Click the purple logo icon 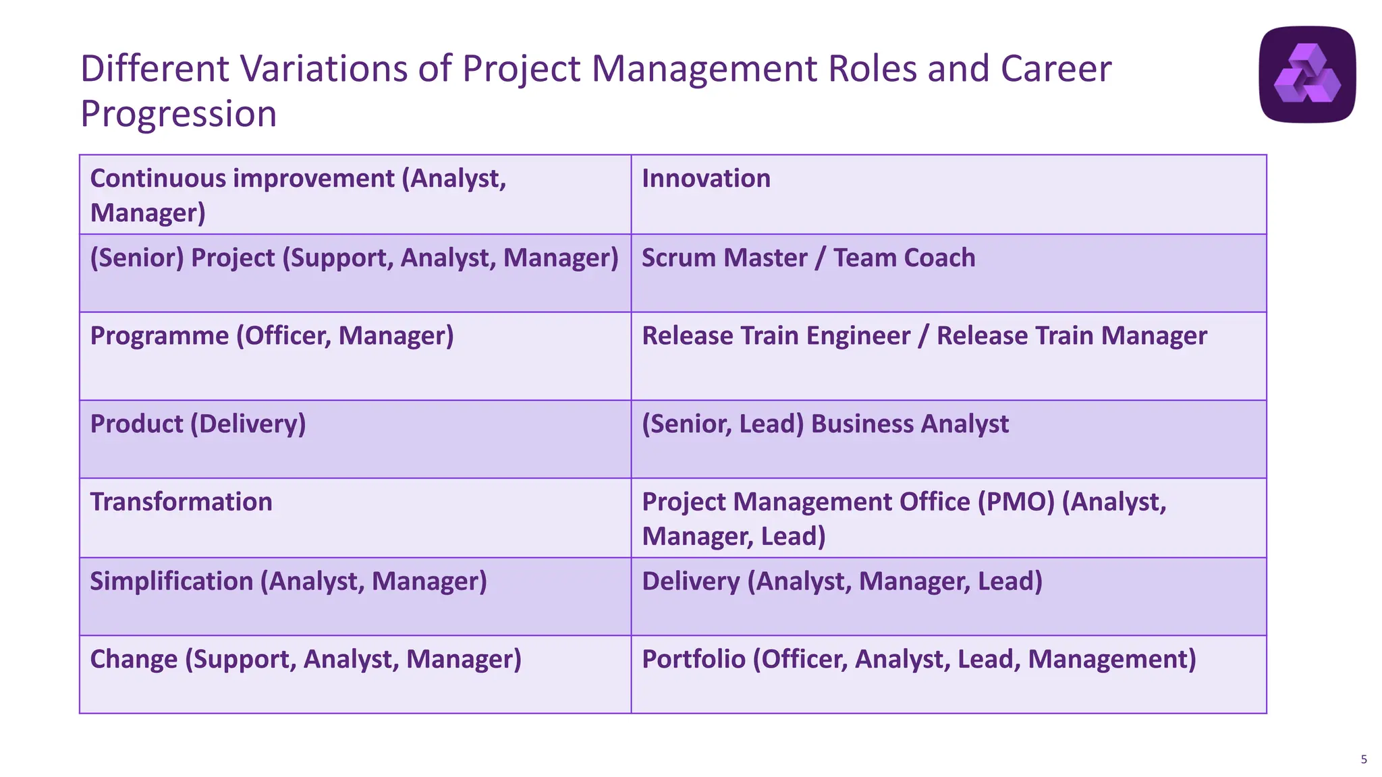pyautogui.click(x=1307, y=74)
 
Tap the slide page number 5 pyautogui.click(x=1364, y=759)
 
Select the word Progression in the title pyautogui.click(x=179, y=114)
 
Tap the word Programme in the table pyautogui.click(x=159, y=336)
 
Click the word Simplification pyautogui.click(x=171, y=581)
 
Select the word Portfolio pyautogui.click(x=693, y=660)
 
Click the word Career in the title pyautogui.click(x=1055, y=69)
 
